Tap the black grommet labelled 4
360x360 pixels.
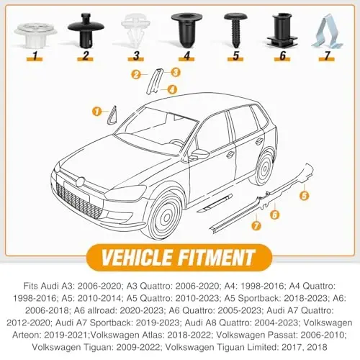click(182, 27)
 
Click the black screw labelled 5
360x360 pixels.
click(234, 29)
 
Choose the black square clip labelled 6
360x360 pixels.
click(281, 29)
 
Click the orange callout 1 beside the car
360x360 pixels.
click(96, 110)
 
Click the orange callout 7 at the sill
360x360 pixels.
click(257, 227)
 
